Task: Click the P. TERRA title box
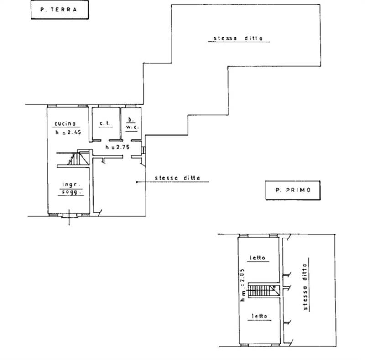(60, 10)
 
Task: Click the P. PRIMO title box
(293, 190)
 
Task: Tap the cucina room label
(65, 124)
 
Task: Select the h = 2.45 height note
(68, 132)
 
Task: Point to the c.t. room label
(105, 123)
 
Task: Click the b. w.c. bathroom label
(132, 123)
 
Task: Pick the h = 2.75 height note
(118, 148)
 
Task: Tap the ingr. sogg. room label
(71, 188)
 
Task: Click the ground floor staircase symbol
(78, 158)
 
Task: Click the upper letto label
(258, 258)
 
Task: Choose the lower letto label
(260, 317)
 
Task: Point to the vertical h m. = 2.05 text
(243, 285)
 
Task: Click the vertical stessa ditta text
(305, 287)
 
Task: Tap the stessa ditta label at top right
(238, 38)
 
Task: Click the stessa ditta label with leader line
(177, 178)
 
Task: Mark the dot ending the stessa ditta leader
(137, 182)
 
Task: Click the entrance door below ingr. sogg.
(69, 216)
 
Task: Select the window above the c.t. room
(104, 106)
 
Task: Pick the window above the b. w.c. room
(130, 106)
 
